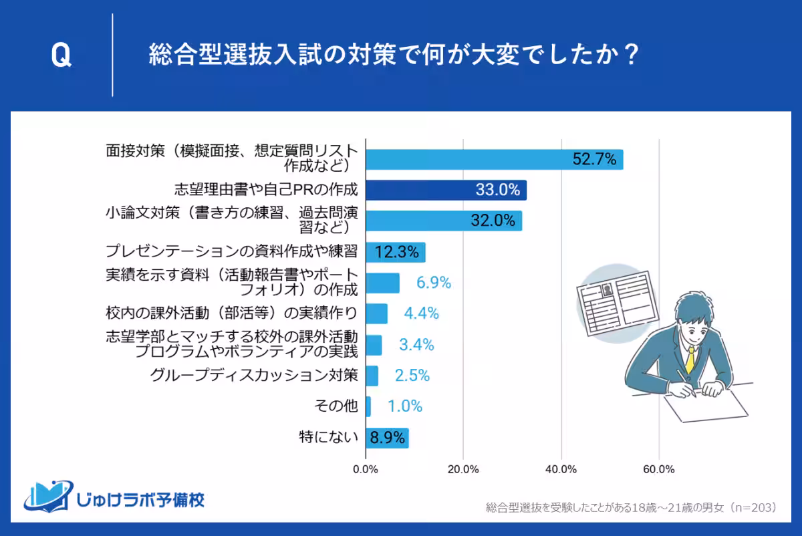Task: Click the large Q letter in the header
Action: [x=61, y=57]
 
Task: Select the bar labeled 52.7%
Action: [x=494, y=160]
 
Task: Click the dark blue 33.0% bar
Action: [x=446, y=190]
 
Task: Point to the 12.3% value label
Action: [x=397, y=252]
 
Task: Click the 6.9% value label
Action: [x=434, y=283]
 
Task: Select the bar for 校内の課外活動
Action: [x=377, y=313]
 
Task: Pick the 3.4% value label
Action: [x=416, y=345]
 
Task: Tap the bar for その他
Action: [x=368, y=406]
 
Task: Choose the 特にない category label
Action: [x=328, y=438]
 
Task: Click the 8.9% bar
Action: [x=387, y=438]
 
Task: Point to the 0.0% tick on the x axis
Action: [x=366, y=469]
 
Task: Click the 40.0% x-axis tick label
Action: [x=561, y=469]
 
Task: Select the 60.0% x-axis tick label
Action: [x=659, y=469]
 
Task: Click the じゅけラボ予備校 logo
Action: [x=114, y=498]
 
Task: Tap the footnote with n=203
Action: [x=631, y=508]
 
